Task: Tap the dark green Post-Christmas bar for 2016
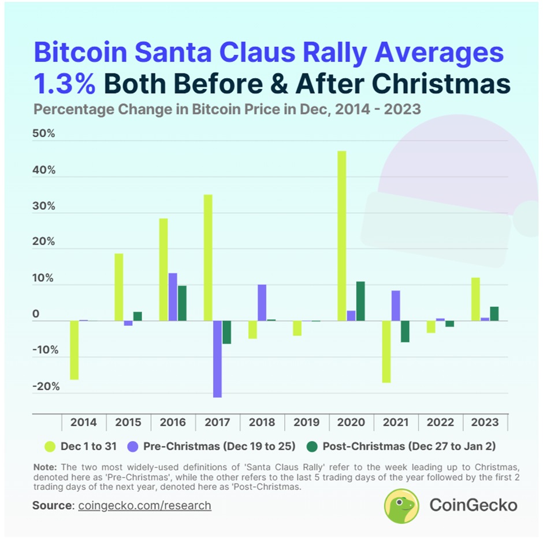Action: [x=182, y=303]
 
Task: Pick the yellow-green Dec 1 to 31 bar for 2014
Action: [x=75, y=350]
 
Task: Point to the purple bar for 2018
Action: [x=262, y=302]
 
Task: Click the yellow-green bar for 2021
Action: [x=386, y=351]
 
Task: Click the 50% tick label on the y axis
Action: [x=44, y=134]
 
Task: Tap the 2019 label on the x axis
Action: [x=306, y=422]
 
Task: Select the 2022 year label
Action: [x=440, y=422]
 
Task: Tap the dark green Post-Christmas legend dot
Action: [x=311, y=446]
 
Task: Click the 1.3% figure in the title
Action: [x=64, y=84]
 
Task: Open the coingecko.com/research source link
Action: [x=144, y=505]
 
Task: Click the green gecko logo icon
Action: [x=401, y=505]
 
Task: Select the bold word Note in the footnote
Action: [x=44, y=467]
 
